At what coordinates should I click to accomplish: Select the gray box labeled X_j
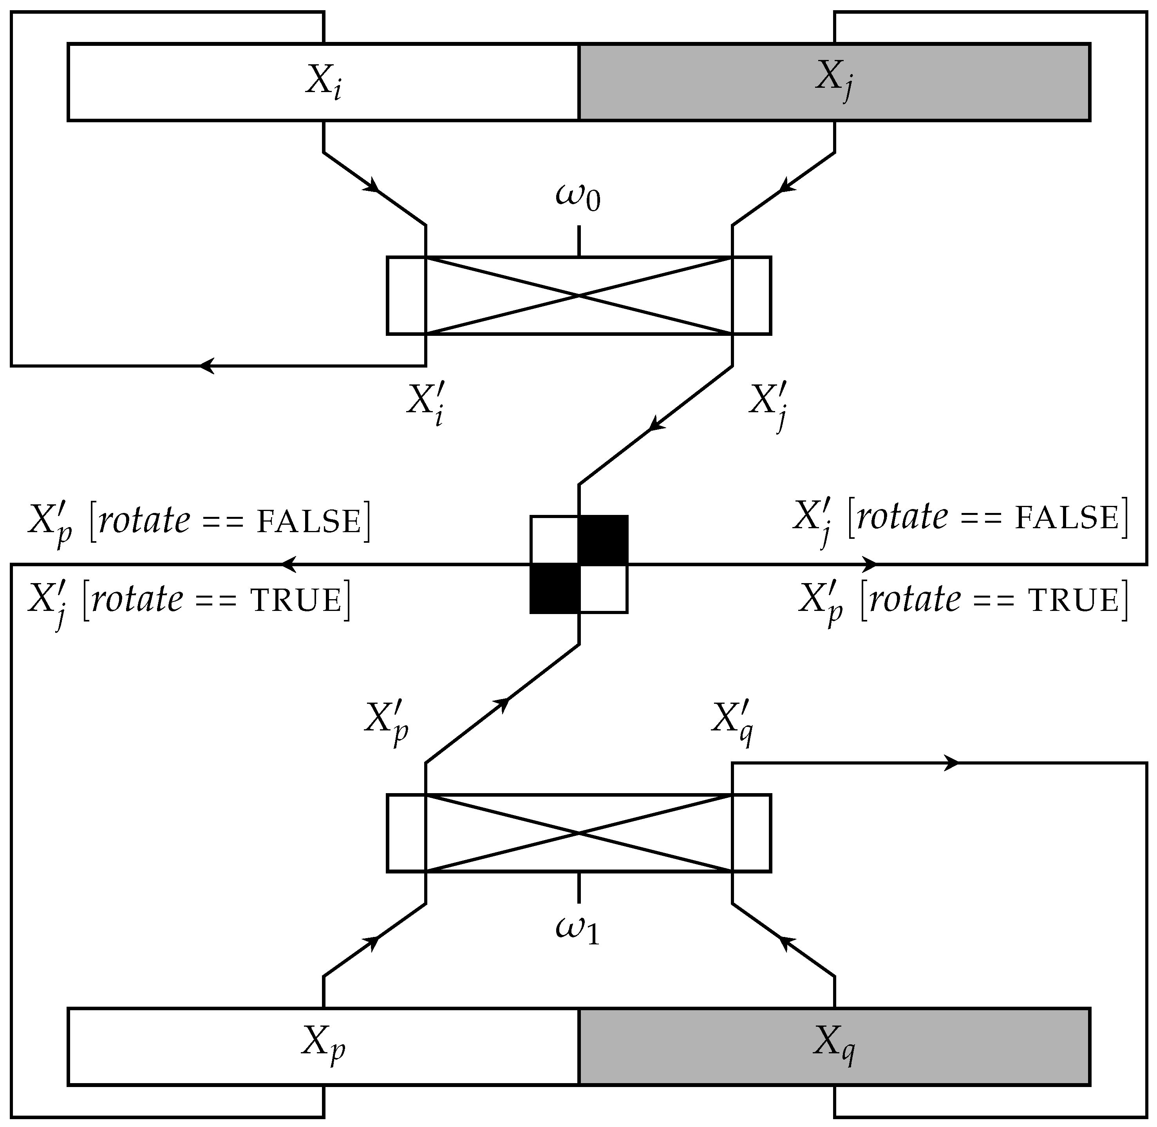coord(834,82)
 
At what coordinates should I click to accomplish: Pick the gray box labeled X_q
coord(834,1047)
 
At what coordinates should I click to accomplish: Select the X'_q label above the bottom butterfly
coord(732,725)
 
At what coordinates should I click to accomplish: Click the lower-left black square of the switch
coord(554,589)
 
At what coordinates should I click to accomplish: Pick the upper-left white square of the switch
coord(554,540)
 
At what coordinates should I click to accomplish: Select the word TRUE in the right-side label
coord(1074,601)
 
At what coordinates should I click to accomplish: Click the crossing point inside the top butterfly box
coord(578,295)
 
